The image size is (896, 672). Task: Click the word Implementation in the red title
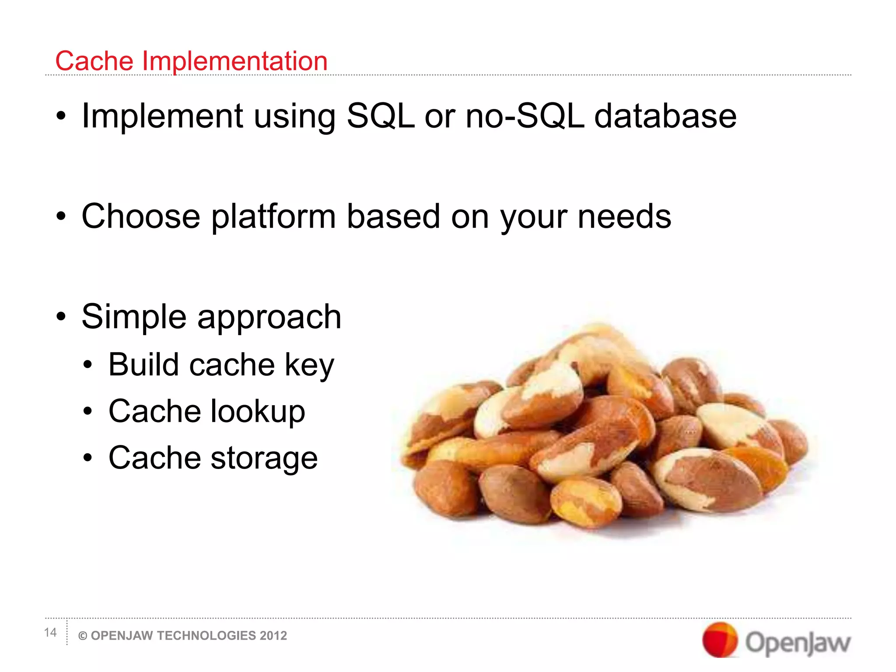click(234, 61)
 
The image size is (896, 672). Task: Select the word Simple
click(134, 317)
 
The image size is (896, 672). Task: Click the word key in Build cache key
click(309, 365)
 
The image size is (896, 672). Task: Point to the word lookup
click(258, 412)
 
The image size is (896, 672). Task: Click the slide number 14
click(50, 633)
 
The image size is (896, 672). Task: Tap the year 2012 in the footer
click(273, 636)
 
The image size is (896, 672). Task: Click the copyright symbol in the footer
click(83, 636)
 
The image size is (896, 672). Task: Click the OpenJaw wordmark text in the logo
click(798, 643)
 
